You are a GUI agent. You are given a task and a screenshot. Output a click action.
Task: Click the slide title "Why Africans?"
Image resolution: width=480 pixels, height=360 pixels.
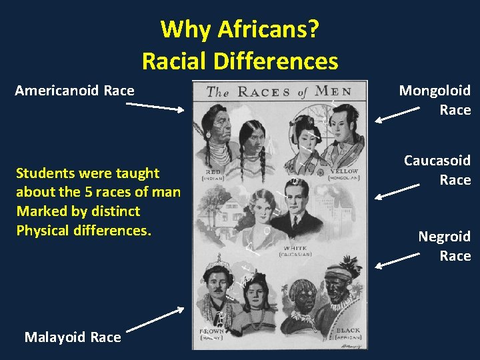coord(239,29)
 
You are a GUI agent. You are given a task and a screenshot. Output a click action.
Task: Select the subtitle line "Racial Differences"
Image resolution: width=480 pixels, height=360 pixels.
coord(239,61)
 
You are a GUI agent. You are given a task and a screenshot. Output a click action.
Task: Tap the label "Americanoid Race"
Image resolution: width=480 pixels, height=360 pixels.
coord(75,90)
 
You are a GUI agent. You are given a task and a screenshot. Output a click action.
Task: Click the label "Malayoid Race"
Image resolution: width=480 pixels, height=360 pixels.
coord(73,337)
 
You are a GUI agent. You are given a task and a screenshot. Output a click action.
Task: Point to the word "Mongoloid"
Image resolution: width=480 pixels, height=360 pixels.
coord(435,91)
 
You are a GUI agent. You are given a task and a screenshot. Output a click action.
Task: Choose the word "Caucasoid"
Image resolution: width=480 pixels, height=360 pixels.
coord(437,161)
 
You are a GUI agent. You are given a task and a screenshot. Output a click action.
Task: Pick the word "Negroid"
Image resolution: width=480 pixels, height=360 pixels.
coord(444,237)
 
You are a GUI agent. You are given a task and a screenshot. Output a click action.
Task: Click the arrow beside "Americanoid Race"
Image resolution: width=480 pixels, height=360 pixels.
coord(155,107)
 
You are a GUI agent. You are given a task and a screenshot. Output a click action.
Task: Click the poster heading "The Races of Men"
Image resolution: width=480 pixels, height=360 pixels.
coord(279,91)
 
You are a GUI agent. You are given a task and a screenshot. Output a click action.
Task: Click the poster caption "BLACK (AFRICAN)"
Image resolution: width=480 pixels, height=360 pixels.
coord(347,333)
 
